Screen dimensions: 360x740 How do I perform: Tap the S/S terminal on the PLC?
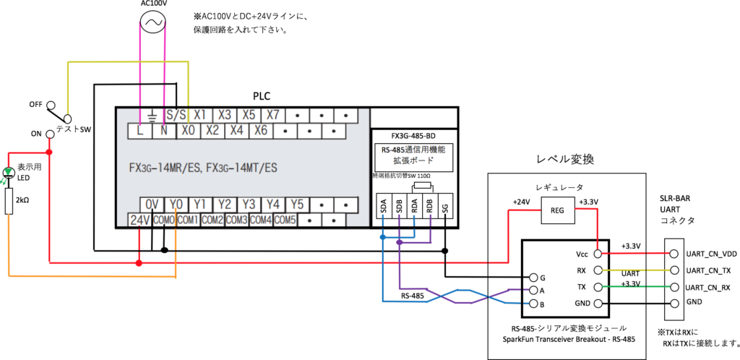[x=176, y=116]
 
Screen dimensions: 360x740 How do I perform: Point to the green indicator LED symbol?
[x=9, y=173]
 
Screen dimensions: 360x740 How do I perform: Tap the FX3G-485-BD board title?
[x=413, y=135]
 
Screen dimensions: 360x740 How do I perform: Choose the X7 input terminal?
[x=272, y=116]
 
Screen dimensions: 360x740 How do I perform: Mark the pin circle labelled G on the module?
[x=533, y=277]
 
